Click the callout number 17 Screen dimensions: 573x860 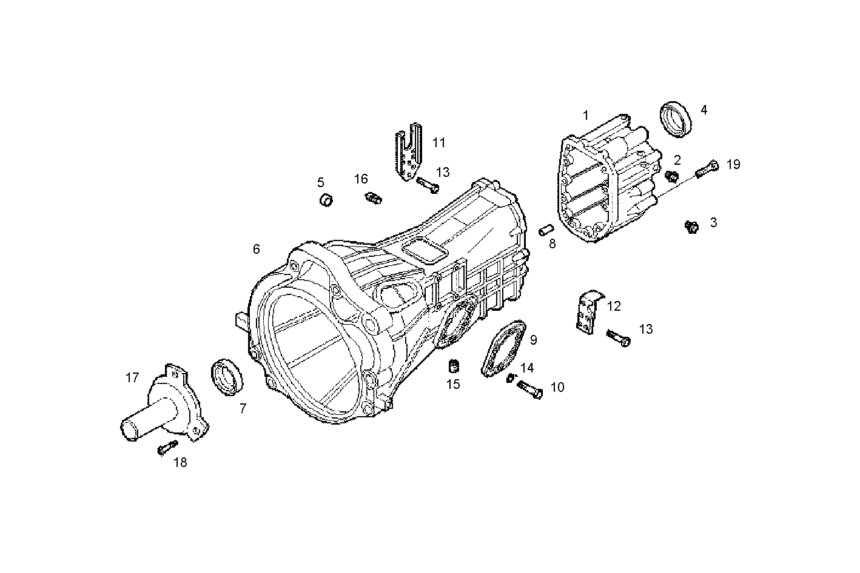132,378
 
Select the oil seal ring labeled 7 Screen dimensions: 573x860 227,378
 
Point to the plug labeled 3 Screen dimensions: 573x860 690,226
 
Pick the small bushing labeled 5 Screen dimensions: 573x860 327,199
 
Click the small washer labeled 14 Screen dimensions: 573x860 511,378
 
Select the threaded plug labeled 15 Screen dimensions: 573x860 452,366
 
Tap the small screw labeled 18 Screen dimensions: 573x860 166,448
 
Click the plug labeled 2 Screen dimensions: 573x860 671,176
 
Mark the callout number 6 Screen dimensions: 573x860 257,249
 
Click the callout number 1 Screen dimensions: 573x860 585,115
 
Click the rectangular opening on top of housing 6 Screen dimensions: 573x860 425,250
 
